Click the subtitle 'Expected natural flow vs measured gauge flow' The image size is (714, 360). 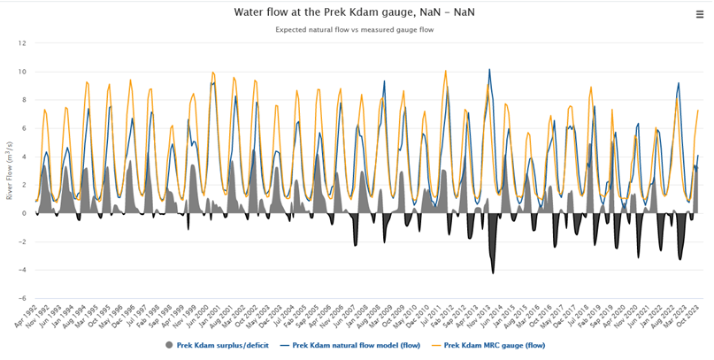[x=354, y=29]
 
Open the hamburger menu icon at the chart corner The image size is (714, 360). [x=700, y=13]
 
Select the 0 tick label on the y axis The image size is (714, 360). [x=24, y=213]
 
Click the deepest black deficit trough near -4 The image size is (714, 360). [x=493, y=272]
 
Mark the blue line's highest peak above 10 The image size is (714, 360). [x=489, y=70]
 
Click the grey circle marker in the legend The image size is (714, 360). [x=169, y=345]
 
